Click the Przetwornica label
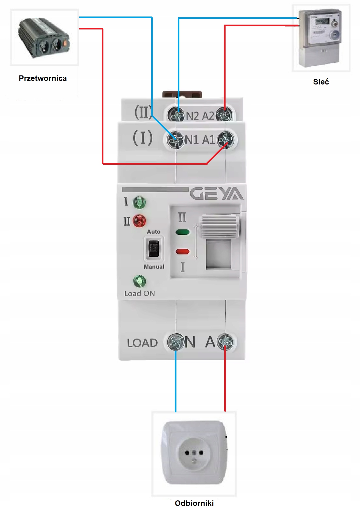43,78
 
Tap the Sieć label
321,82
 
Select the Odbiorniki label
194,503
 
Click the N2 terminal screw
177,115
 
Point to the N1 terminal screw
175,140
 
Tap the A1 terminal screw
225,140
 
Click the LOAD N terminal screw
175,342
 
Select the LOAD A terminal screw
225,341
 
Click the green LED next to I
139,203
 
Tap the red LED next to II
139,221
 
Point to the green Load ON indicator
140,282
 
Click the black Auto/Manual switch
154,249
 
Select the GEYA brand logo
216,194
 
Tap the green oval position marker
183,232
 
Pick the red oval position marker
183,251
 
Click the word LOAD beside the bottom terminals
142,343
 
